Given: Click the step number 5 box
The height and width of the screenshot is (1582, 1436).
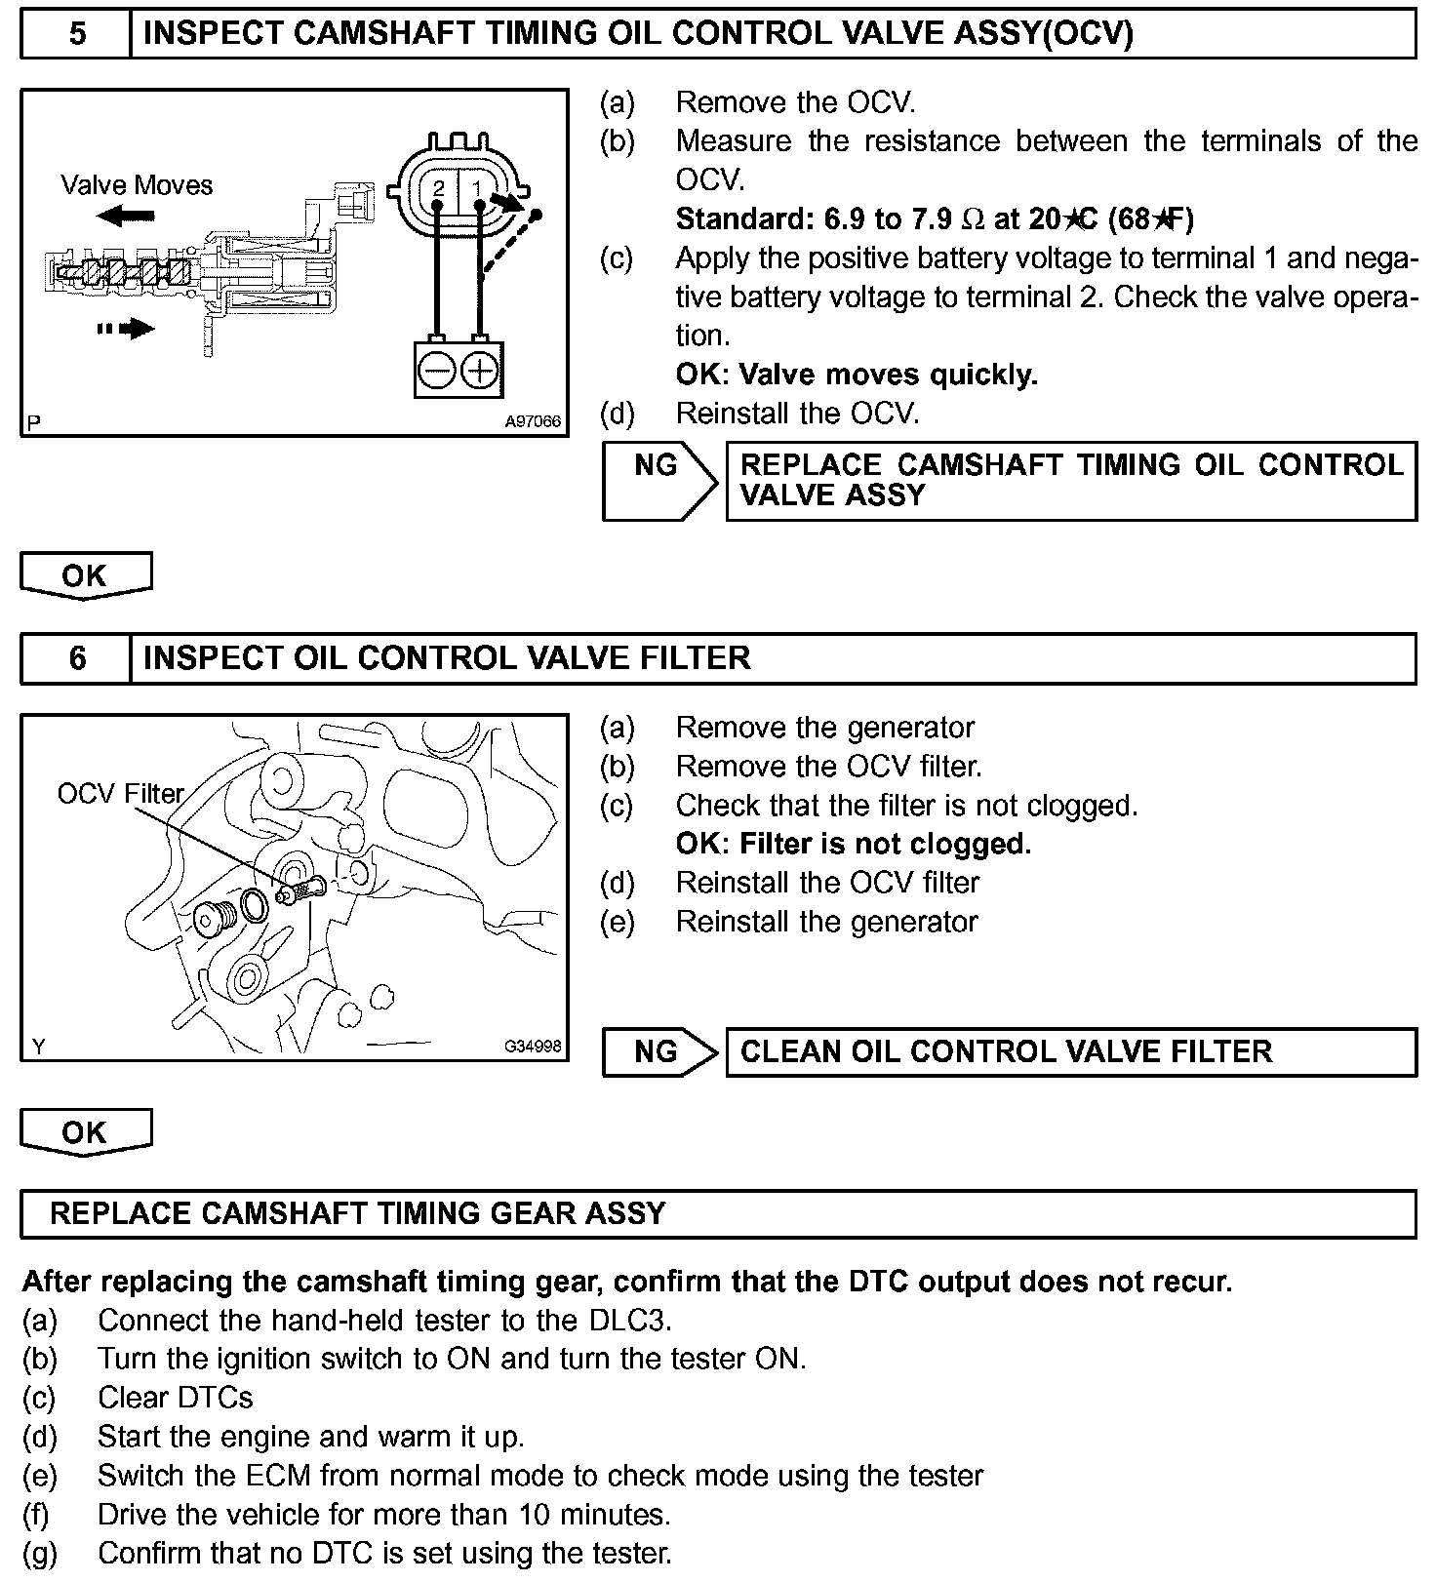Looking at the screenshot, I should point(76,34).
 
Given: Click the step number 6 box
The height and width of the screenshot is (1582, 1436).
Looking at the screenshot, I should point(76,658).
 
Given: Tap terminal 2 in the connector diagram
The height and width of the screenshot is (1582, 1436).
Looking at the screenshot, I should point(439,187).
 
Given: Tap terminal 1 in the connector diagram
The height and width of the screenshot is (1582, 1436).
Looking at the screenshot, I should point(477,187).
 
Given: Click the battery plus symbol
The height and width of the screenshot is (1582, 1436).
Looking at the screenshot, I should point(479,371).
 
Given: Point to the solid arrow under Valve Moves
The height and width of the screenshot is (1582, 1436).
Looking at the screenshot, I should point(126,216).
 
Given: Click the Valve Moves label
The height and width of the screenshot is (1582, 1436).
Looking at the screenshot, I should point(137,185).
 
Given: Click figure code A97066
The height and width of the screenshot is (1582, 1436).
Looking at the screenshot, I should point(533,421).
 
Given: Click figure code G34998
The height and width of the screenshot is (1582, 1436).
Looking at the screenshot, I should point(533,1047).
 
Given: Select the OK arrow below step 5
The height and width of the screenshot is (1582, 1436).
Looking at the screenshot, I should point(86,575).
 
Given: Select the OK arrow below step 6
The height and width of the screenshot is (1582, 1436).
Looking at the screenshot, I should point(86,1132).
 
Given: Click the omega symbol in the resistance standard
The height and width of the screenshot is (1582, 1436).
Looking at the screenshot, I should point(973,219).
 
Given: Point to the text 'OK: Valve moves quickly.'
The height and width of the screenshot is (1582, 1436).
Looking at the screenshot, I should point(857,375).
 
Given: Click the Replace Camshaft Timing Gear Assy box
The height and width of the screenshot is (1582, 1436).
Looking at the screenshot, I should point(717,1213).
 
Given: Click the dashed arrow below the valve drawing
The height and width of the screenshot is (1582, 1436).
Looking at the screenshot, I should point(126,330).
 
